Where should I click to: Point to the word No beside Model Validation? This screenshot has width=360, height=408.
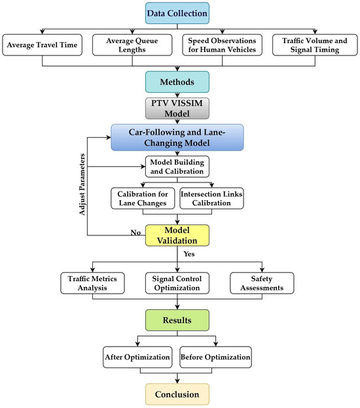click(136, 233)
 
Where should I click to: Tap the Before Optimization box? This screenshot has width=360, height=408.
click(216, 358)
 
